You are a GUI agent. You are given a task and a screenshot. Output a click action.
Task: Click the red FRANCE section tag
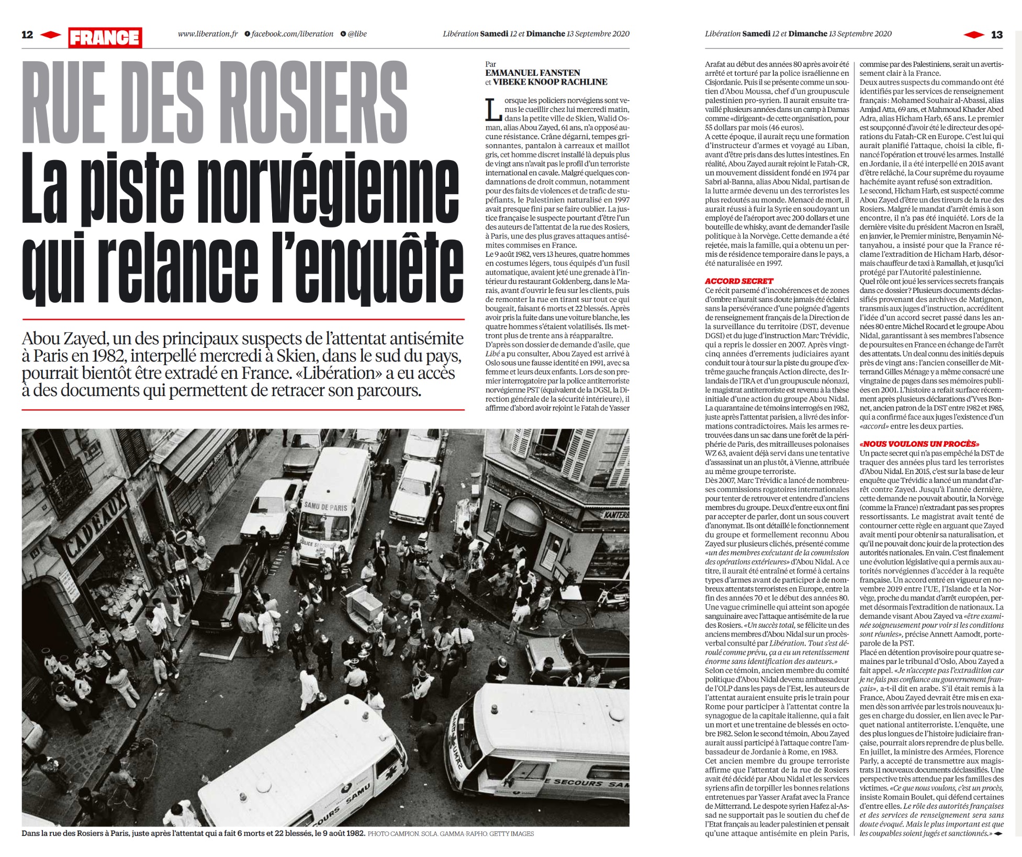point(105,38)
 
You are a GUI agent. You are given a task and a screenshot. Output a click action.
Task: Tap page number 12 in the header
point(27,35)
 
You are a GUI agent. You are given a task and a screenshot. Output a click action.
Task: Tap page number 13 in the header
point(996,35)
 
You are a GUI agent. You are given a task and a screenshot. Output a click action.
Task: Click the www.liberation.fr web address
point(208,34)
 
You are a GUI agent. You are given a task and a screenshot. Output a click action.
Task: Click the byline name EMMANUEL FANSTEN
point(533,73)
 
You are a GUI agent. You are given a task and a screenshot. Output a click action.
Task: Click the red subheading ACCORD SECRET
point(739,281)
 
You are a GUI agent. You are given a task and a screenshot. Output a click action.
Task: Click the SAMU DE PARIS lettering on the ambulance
point(325,507)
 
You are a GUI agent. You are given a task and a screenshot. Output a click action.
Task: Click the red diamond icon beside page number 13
point(974,35)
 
